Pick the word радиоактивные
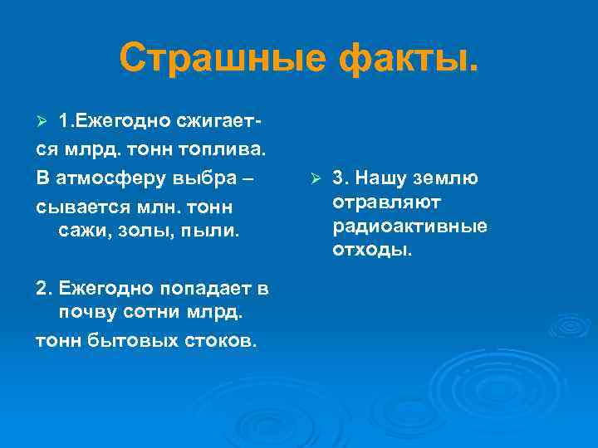(409, 226)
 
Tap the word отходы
(372, 250)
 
